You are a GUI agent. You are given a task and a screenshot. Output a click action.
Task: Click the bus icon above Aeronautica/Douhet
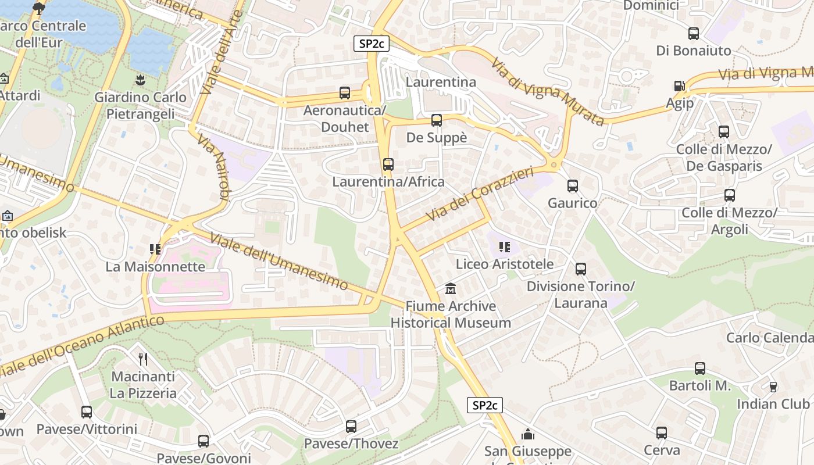(344, 93)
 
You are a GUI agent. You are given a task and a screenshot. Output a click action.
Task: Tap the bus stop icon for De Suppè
(436, 120)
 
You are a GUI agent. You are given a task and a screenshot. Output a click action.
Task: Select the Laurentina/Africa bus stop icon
(388, 164)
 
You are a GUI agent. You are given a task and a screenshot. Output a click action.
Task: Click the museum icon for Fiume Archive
(450, 288)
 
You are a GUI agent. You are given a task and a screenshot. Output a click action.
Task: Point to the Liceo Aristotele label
(504, 264)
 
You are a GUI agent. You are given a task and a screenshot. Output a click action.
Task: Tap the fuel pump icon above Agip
(679, 86)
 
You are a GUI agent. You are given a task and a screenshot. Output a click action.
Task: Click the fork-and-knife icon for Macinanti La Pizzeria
(143, 359)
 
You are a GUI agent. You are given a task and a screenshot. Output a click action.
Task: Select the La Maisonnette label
(155, 267)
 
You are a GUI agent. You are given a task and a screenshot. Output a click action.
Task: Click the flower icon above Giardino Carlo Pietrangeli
(140, 79)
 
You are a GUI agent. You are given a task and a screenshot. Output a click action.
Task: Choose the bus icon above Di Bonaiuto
(693, 34)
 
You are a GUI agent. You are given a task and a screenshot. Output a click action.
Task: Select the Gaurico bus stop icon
(572, 186)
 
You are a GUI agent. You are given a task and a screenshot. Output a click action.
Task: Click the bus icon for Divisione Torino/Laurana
(580, 269)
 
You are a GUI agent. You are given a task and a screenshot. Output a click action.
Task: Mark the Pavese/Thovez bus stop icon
(351, 427)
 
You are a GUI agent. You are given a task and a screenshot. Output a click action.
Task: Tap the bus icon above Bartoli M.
(699, 369)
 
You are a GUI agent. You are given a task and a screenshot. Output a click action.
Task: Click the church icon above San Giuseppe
(527, 434)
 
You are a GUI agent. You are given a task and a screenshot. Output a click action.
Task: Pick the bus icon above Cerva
(661, 433)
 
